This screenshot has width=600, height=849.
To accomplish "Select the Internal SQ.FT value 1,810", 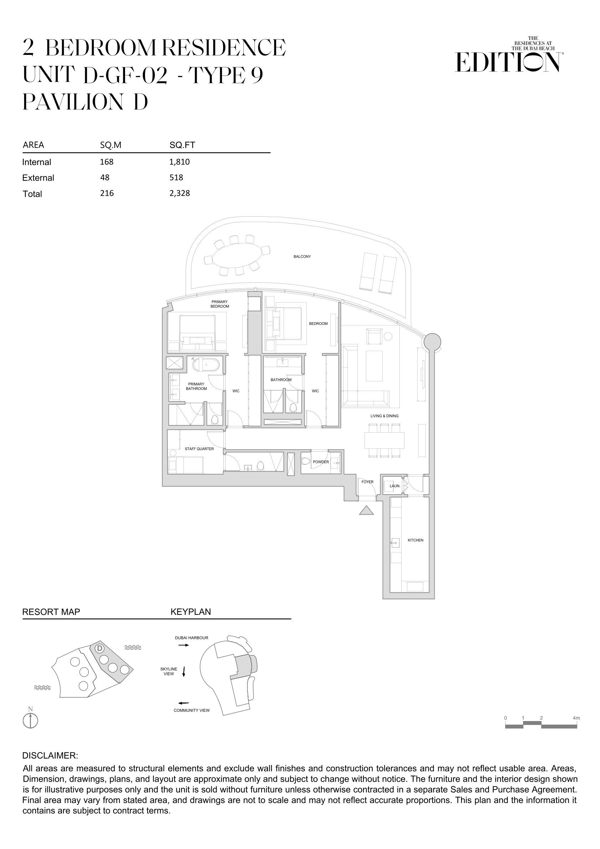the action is (x=180, y=161).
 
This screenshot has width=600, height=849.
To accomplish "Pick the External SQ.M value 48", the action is (x=105, y=177).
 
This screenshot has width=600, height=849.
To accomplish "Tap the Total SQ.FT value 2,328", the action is (x=180, y=193).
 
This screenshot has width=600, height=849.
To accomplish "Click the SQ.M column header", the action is (x=110, y=145).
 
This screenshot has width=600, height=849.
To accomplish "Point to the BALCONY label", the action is (x=302, y=256).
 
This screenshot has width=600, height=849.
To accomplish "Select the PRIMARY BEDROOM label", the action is (x=219, y=304).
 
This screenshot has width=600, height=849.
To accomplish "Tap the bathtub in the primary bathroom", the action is (x=206, y=365).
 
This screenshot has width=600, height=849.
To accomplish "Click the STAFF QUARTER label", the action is (x=199, y=449).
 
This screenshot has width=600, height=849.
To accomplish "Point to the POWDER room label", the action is (x=321, y=462).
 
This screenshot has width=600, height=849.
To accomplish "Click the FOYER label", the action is (x=367, y=482).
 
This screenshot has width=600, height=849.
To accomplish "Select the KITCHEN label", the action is (x=415, y=540).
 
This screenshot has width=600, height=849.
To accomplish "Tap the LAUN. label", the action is (x=395, y=485).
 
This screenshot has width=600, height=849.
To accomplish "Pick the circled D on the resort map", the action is (x=99, y=658).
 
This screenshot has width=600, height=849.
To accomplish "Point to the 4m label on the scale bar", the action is (x=576, y=718).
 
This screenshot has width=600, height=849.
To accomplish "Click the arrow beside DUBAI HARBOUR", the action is (x=183, y=645).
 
